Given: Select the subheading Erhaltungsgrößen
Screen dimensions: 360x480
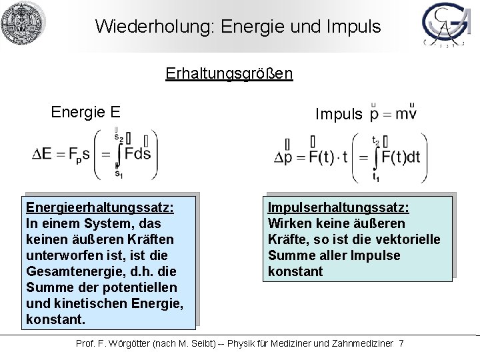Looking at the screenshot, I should coord(229,72).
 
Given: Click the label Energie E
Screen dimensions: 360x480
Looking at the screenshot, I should coord(85,111).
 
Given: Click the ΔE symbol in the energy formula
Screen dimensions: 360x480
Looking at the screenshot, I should coord(41,155).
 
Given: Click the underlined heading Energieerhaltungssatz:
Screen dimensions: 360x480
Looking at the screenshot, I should coord(99,207).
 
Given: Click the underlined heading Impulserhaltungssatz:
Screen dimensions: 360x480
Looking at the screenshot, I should coord(339,207).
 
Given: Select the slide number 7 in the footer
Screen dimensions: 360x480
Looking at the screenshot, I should coord(401,343).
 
